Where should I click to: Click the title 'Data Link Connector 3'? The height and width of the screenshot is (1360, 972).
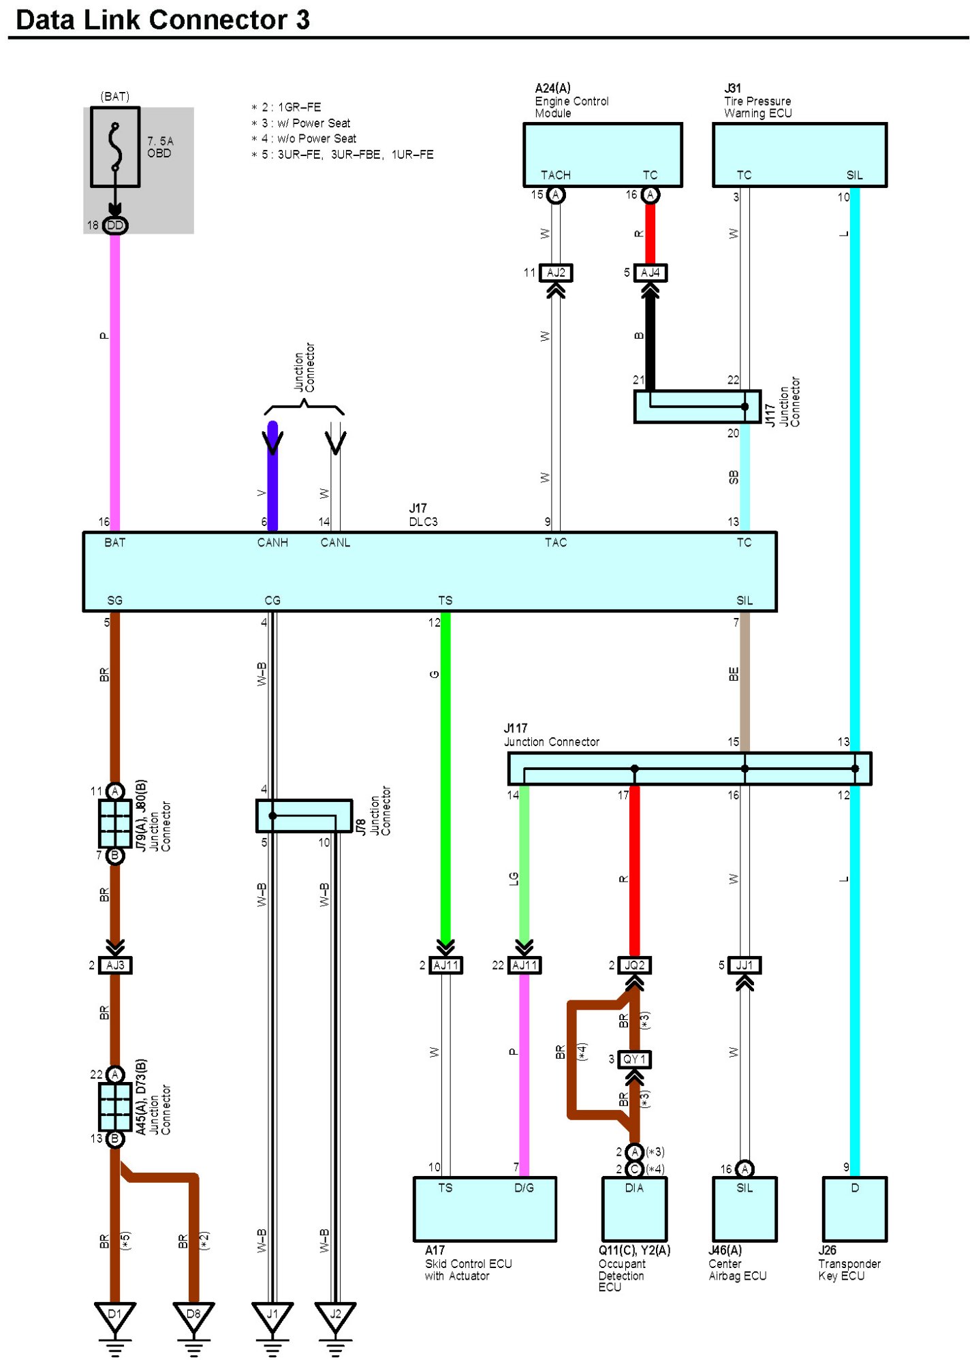pyautogui.click(x=163, y=20)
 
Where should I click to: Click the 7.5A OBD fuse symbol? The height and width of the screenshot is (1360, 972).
pyautogui.click(x=115, y=146)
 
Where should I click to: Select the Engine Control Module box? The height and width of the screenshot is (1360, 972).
pyautogui.click(x=602, y=155)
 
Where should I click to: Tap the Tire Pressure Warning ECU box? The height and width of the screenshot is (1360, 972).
pyautogui.click(x=800, y=155)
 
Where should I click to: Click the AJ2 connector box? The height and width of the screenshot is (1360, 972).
pyautogui.click(x=556, y=273)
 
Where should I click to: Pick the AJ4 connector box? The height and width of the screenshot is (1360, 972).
pyautogui.click(x=650, y=273)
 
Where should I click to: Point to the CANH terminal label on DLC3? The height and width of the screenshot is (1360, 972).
pyautogui.click(x=272, y=542)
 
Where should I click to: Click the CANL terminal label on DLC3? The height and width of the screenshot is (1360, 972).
pyautogui.click(x=335, y=542)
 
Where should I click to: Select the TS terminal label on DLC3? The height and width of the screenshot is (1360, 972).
pyautogui.click(x=445, y=600)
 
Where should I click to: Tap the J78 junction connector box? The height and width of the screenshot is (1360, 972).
pyautogui.click(x=304, y=816)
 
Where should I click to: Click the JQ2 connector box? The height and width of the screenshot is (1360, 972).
pyautogui.click(x=634, y=965)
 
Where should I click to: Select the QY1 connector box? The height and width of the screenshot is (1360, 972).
pyautogui.click(x=634, y=1059)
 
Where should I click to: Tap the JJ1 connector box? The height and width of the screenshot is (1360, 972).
pyautogui.click(x=744, y=965)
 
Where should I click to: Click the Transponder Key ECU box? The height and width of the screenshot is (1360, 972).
pyautogui.click(x=855, y=1209)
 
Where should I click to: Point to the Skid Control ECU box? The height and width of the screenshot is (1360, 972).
pyautogui.click(x=485, y=1209)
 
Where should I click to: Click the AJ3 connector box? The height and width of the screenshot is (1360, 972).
pyautogui.click(x=115, y=965)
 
